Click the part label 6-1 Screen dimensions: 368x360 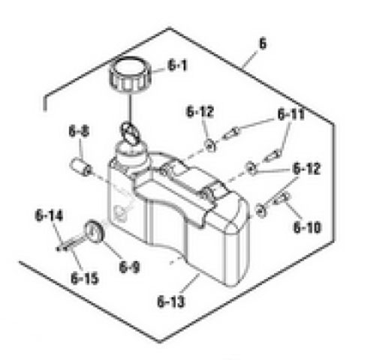click(x=178, y=66)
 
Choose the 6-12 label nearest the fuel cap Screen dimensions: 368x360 click(x=201, y=112)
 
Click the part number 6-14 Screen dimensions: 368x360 click(x=47, y=217)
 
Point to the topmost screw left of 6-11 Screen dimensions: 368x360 click(x=233, y=133)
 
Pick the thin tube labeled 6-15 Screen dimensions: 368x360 click(x=72, y=244)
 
